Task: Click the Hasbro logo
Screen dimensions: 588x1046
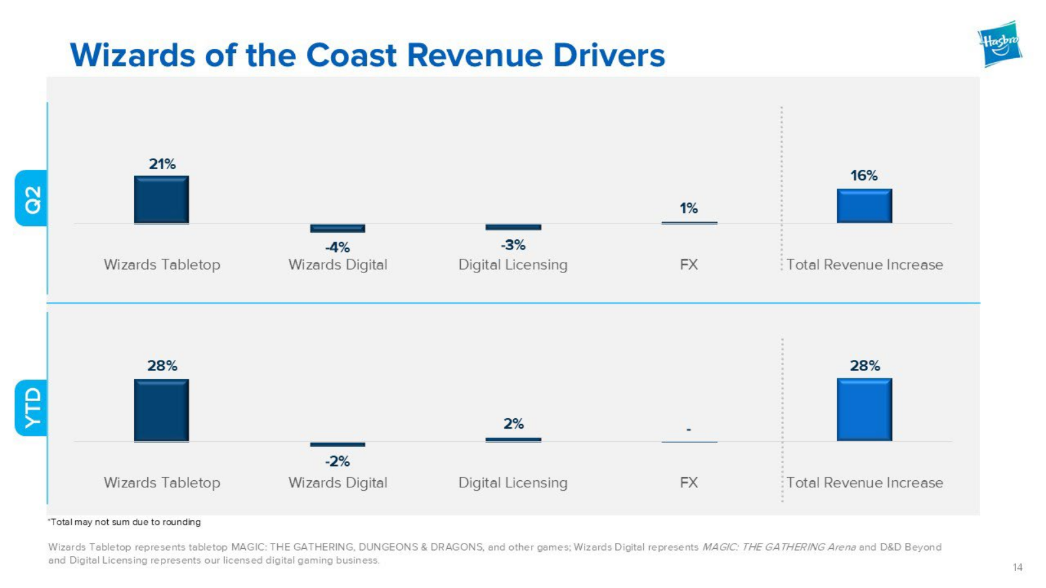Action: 1000,43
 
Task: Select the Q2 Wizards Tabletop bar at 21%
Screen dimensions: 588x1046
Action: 161,199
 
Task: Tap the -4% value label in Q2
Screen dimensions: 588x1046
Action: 337,248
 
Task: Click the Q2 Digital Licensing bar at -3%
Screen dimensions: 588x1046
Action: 513,227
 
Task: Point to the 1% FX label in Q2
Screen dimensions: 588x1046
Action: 688,208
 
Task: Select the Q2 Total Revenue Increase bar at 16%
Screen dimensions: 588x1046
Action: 864,206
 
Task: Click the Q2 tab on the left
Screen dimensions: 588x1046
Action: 31,198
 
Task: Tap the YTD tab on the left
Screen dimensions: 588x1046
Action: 31,408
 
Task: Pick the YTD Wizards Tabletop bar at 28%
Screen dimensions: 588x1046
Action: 161,410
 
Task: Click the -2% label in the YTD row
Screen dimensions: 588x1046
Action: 337,461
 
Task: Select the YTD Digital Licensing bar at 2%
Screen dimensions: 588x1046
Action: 513,440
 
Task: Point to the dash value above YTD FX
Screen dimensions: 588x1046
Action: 688,430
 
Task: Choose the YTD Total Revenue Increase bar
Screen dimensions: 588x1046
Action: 864,410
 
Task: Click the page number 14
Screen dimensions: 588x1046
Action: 1017,567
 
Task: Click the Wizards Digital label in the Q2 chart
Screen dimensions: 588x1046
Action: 337,265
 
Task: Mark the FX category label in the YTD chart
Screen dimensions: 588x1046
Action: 688,483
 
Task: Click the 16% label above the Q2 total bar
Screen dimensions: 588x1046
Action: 864,176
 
